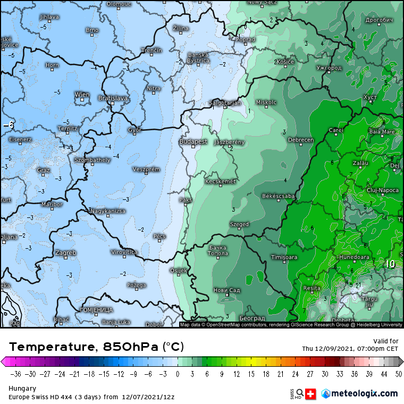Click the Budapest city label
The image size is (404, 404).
[x=193, y=142]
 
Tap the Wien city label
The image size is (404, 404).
[x=82, y=95]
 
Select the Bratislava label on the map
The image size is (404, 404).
[x=113, y=98]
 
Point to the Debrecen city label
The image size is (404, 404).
[x=300, y=140]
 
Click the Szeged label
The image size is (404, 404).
[x=239, y=224]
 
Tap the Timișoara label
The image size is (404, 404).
[x=284, y=257]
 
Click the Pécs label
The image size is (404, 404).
[x=159, y=236]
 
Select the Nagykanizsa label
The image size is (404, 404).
[x=108, y=211]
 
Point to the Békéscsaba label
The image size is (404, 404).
[x=279, y=196]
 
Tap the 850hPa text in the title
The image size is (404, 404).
[x=130, y=347]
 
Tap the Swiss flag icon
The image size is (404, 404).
[x=312, y=393]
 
